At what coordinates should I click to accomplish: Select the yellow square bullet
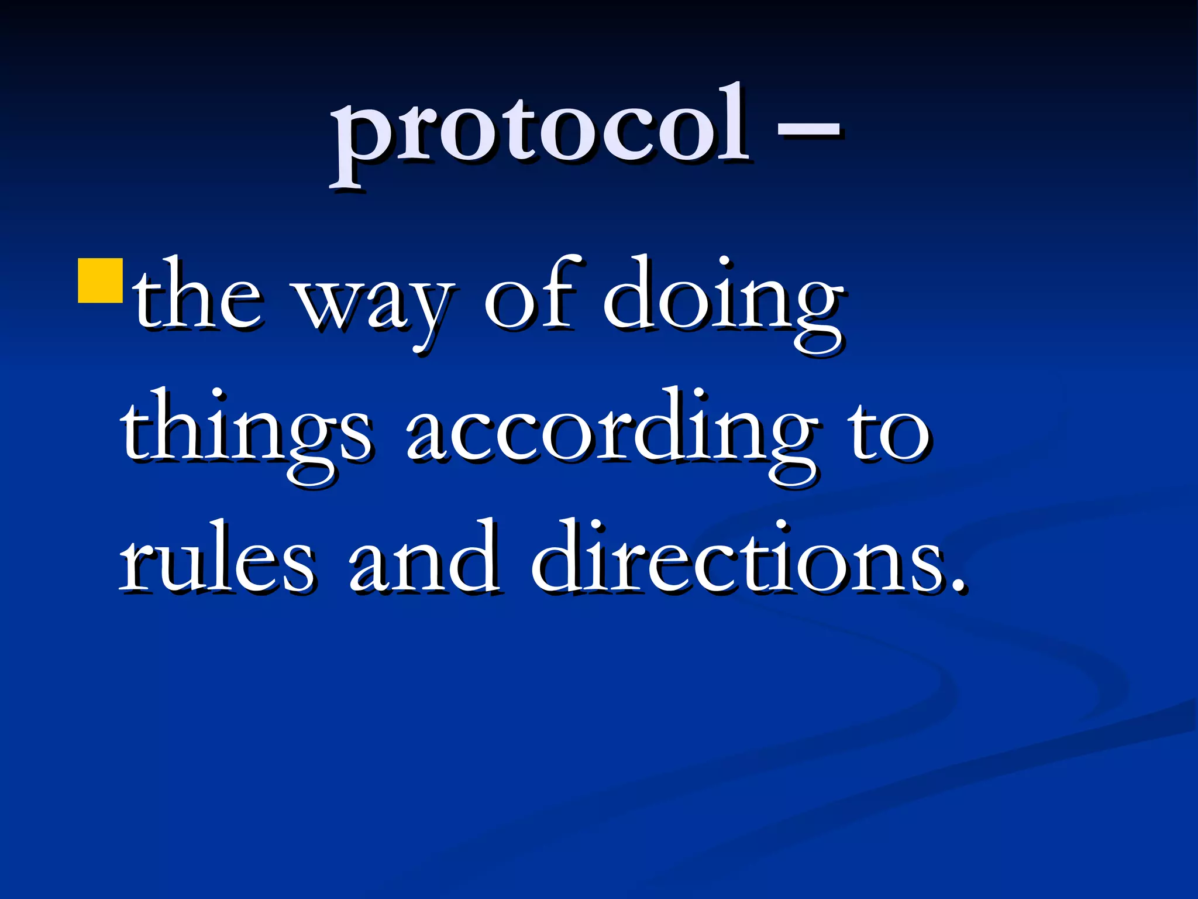pyautogui.click(x=100, y=281)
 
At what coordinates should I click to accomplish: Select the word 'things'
pyautogui.click(x=246, y=433)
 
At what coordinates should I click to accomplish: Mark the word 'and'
pyautogui.click(x=424, y=559)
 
